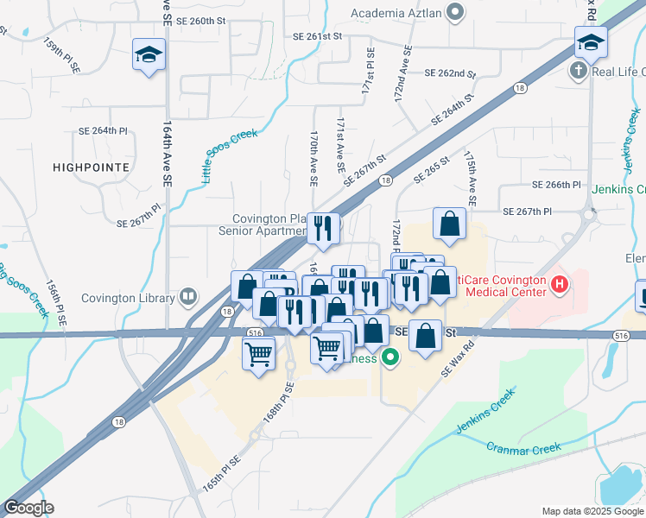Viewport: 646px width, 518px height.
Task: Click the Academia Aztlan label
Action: pos(396,12)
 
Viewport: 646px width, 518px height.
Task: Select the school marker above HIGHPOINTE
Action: pos(149,55)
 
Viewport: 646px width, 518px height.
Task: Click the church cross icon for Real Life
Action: pos(578,71)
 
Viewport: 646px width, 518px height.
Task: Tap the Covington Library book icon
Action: pos(187,299)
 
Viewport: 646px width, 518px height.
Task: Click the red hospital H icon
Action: pos(560,283)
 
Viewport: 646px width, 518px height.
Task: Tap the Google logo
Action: pos(28,508)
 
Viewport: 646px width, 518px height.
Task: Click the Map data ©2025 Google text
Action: pos(592,511)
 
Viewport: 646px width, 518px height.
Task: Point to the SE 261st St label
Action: pos(318,37)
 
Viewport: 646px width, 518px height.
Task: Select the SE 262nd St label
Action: pos(450,74)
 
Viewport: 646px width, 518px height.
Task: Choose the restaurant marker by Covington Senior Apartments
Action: pos(323,229)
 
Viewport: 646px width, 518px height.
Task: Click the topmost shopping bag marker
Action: pos(450,224)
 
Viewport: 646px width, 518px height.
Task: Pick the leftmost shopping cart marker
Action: pos(259,353)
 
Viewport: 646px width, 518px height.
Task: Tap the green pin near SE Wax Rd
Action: pos(390,356)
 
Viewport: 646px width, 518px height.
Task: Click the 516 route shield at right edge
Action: pos(621,335)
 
